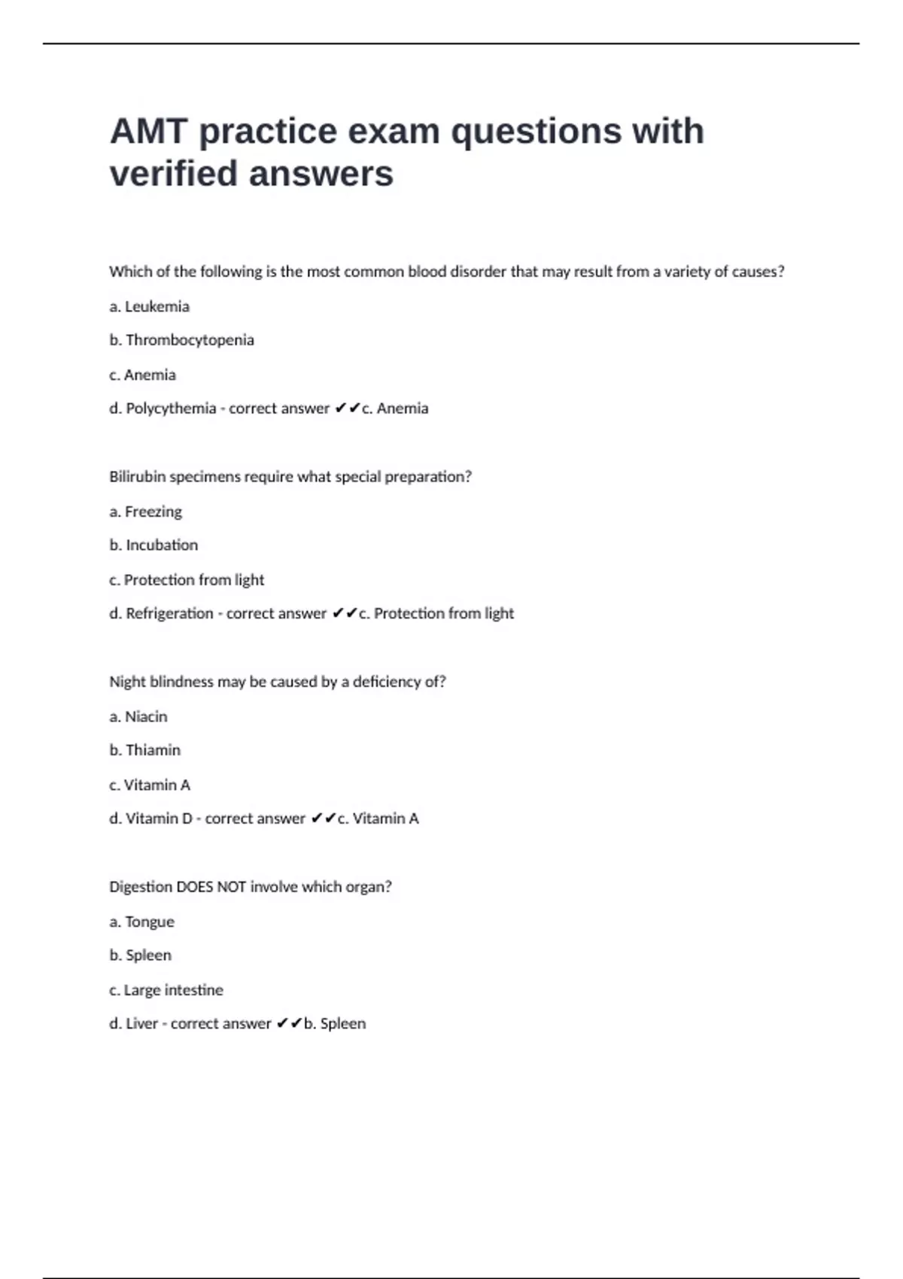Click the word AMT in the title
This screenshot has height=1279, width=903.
coord(147,132)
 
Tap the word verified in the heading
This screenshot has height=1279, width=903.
coord(174,174)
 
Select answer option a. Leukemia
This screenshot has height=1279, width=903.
coord(149,306)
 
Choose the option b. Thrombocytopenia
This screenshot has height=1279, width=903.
coord(181,340)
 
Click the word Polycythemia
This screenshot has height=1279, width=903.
coord(171,409)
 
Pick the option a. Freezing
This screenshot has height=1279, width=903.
coord(145,512)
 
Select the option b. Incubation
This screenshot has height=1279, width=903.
coord(154,545)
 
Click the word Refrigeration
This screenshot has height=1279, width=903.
coord(169,613)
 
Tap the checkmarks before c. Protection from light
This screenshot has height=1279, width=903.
coord(345,613)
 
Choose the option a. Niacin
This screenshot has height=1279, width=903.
coord(138,716)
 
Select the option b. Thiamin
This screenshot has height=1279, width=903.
coord(145,750)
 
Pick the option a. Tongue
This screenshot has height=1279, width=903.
coord(141,922)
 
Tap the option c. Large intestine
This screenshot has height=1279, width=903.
coord(166,990)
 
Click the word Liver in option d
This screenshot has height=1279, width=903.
coord(142,1024)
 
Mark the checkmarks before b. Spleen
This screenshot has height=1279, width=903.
coord(289,1023)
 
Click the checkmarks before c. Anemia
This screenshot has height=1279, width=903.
coord(348,408)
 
